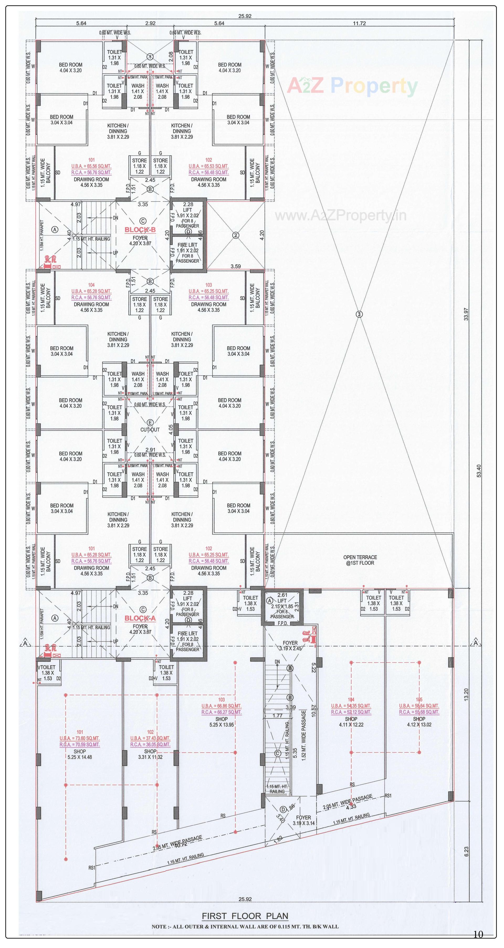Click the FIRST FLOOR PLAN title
coord(245,916)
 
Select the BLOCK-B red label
coord(140,230)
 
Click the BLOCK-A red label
coord(140,618)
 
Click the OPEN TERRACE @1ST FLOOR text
coord(360,560)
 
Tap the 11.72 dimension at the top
coord(359,23)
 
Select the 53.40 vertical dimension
coord(478,471)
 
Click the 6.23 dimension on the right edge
coord(466,852)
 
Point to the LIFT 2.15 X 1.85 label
coord(282,606)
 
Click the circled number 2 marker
coord(236,235)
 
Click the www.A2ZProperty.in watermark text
coord(341,216)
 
